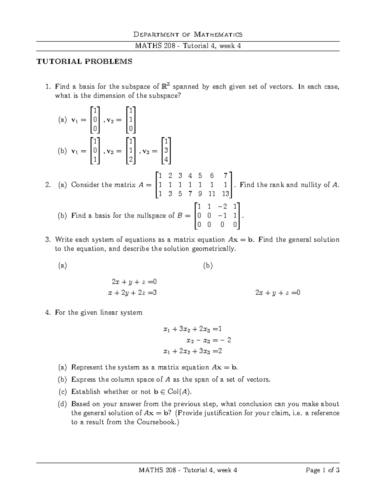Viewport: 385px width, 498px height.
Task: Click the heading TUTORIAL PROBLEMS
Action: click(x=84, y=62)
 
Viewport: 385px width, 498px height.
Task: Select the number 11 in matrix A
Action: click(x=211, y=194)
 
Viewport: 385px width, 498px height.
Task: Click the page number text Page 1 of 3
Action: click(x=322, y=470)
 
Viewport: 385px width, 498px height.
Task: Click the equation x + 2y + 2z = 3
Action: click(x=133, y=292)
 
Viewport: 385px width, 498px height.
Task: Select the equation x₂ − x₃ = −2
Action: click(x=209, y=340)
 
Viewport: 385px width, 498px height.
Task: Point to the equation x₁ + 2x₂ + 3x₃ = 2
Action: click(x=193, y=351)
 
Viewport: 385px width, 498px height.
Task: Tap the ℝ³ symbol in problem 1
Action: click(x=166, y=86)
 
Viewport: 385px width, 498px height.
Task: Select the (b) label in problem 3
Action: click(x=208, y=266)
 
